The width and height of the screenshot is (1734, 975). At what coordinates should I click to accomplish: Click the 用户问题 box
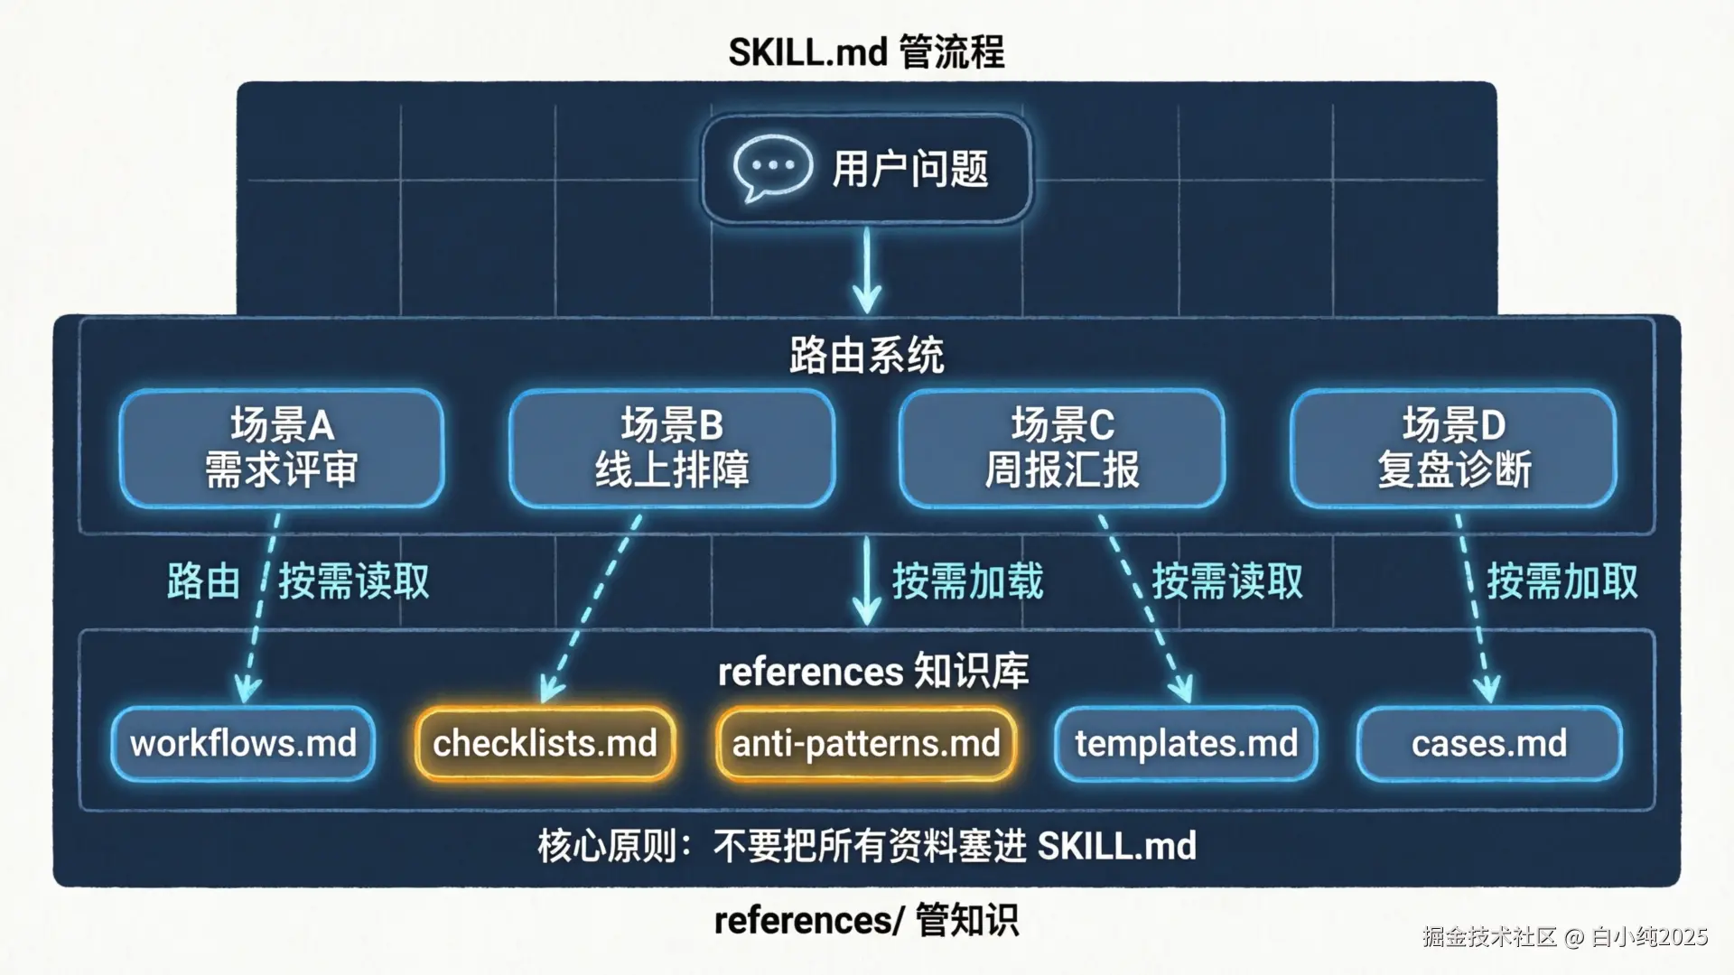867,169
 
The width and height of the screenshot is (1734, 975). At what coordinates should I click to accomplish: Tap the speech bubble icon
770,169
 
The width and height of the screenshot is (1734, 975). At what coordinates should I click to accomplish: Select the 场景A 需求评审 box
282,448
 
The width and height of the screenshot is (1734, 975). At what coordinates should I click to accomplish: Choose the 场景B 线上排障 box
672,448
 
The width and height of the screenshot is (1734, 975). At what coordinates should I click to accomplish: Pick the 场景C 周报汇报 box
1062,448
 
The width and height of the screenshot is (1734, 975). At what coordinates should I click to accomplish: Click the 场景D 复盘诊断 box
1453,448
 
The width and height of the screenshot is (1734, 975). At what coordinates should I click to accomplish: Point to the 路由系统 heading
867,356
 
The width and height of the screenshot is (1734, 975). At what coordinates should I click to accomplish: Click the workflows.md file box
243,744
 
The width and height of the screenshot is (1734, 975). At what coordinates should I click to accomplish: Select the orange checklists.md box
545,744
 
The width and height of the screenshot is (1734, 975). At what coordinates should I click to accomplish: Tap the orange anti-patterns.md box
866,744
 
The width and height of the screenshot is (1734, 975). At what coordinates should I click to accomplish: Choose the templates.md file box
1186,744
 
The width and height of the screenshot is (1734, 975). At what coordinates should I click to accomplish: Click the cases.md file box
1489,744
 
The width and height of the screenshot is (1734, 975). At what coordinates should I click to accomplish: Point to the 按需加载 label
967,581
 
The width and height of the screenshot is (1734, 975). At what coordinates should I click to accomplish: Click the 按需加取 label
1562,581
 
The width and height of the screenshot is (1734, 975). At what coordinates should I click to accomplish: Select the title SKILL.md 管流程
867,52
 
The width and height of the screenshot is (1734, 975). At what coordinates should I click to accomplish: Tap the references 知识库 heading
873,672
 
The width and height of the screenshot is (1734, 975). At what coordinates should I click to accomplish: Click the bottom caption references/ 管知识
867,921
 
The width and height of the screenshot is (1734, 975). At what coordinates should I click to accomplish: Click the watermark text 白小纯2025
1649,937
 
